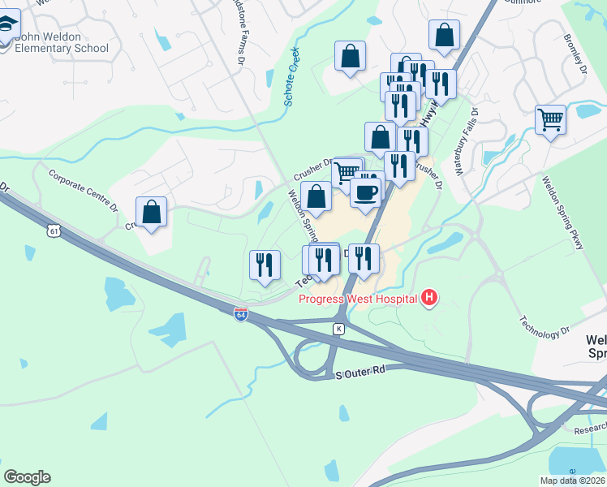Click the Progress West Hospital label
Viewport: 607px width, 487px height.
357,299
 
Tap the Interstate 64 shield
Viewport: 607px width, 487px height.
241,314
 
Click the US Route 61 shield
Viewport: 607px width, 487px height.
54,231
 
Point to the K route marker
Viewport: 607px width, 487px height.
339,329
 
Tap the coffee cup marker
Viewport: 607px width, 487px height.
365,192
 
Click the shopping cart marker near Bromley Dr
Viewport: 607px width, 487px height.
551,120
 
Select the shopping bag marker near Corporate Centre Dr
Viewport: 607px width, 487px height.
152,212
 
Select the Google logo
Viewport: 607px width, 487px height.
27,477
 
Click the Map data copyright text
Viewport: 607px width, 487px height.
572,481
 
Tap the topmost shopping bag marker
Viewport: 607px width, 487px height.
444,35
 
